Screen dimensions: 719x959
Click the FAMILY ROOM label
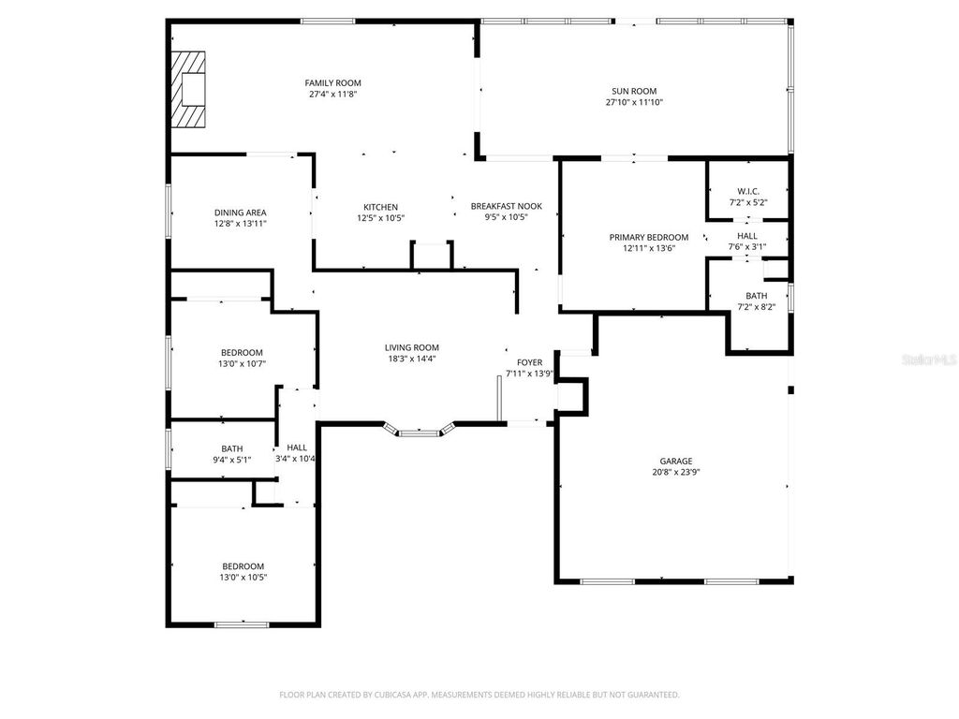coord(332,83)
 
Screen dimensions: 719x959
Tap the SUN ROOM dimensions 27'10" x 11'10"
coord(634,103)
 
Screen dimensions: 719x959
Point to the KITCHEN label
coord(380,207)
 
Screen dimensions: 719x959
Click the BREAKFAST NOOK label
coord(506,206)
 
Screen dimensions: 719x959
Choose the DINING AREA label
coord(240,213)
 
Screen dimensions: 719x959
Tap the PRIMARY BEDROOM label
coord(648,237)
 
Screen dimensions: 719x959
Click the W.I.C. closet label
coord(747,191)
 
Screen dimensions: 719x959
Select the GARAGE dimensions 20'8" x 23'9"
coord(675,473)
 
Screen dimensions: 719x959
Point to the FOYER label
coord(529,361)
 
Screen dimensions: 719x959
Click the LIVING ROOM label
coord(412,347)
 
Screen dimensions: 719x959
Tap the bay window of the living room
coord(420,432)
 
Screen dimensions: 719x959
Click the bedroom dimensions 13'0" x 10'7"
coord(242,364)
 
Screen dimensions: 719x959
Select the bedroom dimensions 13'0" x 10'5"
coord(243,578)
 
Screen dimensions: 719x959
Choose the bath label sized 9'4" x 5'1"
coord(231,448)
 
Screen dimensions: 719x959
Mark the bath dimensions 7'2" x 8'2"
coord(756,307)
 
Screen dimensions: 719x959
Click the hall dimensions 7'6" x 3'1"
coord(747,247)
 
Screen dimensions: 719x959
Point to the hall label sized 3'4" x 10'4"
coord(296,448)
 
